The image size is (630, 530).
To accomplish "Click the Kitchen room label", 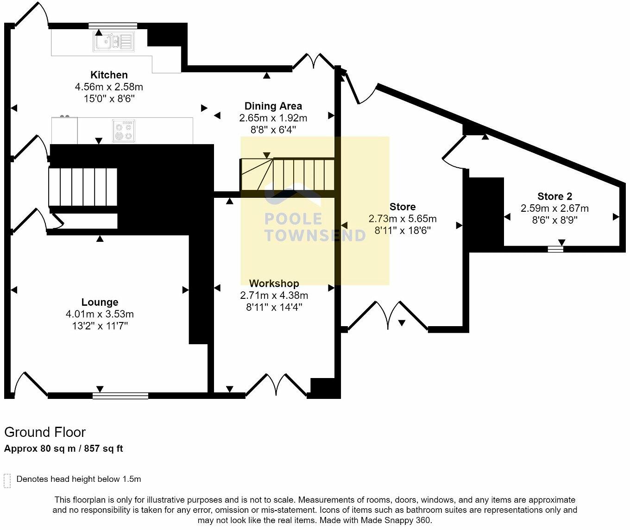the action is click(x=109, y=75).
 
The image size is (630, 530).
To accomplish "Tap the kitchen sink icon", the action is click(x=113, y=42).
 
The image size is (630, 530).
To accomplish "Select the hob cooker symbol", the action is click(x=124, y=131).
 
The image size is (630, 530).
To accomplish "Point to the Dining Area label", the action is click(x=273, y=106).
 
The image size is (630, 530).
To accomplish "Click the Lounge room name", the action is click(x=100, y=302).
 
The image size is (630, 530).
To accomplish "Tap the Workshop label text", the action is click(x=274, y=283).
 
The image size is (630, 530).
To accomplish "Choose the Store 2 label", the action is click(x=554, y=196).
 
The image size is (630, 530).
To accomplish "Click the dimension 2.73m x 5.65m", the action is click(x=403, y=219).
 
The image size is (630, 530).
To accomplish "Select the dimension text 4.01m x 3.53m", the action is click(x=100, y=314).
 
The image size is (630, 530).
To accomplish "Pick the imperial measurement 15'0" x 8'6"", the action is click(x=109, y=99).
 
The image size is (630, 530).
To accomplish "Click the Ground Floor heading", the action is click(x=45, y=432).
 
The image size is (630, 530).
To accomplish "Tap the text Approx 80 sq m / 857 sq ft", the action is click(x=63, y=448).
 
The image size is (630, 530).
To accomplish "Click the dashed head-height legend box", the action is click(x=7, y=481).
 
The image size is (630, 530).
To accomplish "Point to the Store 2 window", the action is click(x=555, y=249).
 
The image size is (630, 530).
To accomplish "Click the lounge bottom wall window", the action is click(x=120, y=396).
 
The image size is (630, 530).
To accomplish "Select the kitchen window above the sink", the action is click(x=113, y=26).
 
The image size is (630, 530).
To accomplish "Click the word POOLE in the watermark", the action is click(x=293, y=219).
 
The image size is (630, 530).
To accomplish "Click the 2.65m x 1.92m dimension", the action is click(x=273, y=118).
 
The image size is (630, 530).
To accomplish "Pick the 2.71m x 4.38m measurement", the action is click(x=274, y=295).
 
